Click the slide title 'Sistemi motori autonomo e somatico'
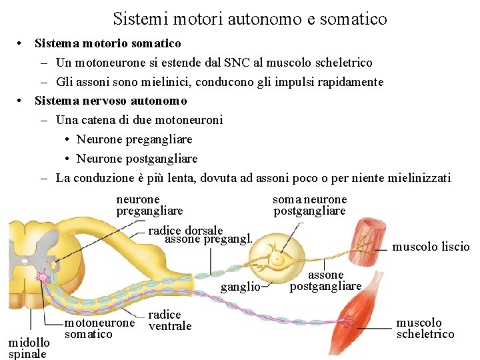[250, 19]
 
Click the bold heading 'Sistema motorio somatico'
[108, 43]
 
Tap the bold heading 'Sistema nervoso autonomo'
[111, 101]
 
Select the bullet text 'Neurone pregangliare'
[134, 139]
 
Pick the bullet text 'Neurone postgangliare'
[137, 159]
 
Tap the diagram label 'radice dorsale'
[185, 231]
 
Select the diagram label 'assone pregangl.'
[209, 239]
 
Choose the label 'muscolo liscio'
[431, 247]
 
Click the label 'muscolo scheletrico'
[425, 328]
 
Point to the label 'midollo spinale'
[27, 348]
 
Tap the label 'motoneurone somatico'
[99, 328]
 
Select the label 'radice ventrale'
[169, 320]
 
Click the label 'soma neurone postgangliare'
[309, 205]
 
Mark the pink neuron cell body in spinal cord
[41, 276]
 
